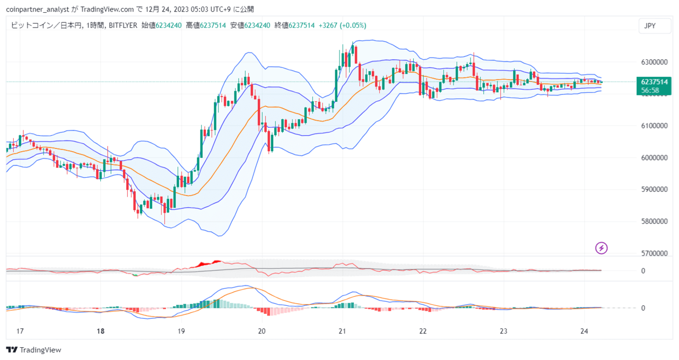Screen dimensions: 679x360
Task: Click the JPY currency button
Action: (655, 26)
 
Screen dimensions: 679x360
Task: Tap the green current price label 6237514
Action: (654, 82)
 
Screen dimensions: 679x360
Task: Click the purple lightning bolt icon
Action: (602, 248)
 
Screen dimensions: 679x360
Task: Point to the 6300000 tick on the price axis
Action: (654, 62)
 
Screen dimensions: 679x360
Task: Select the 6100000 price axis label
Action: (654, 126)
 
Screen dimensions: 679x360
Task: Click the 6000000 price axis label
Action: (654, 157)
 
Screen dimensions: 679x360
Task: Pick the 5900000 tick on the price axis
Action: (654, 189)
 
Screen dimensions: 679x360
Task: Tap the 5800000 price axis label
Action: (654, 221)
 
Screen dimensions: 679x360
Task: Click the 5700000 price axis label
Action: (654, 253)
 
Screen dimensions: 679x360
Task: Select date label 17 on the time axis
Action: (20, 331)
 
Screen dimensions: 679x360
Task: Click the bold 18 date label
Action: (101, 331)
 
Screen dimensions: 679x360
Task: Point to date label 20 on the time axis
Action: (262, 331)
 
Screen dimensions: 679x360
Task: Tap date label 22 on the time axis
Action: (423, 331)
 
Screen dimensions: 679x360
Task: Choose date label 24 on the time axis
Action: (584, 331)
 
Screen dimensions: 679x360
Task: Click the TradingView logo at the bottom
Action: (33, 350)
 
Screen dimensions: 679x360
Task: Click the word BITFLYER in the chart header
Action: (123, 25)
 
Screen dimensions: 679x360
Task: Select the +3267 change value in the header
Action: (328, 25)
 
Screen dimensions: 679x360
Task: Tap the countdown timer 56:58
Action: (650, 90)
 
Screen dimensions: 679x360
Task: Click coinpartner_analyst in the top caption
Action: (38, 10)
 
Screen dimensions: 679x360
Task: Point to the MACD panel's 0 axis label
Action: (643, 308)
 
